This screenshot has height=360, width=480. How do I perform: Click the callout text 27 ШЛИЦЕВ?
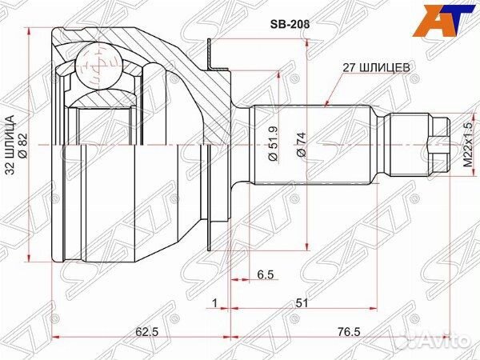tap(375, 69)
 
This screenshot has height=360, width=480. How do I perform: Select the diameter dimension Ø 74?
tap(301, 145)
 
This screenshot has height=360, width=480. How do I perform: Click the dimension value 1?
tap(215, 302)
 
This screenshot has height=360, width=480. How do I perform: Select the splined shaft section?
tap(312, 145)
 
